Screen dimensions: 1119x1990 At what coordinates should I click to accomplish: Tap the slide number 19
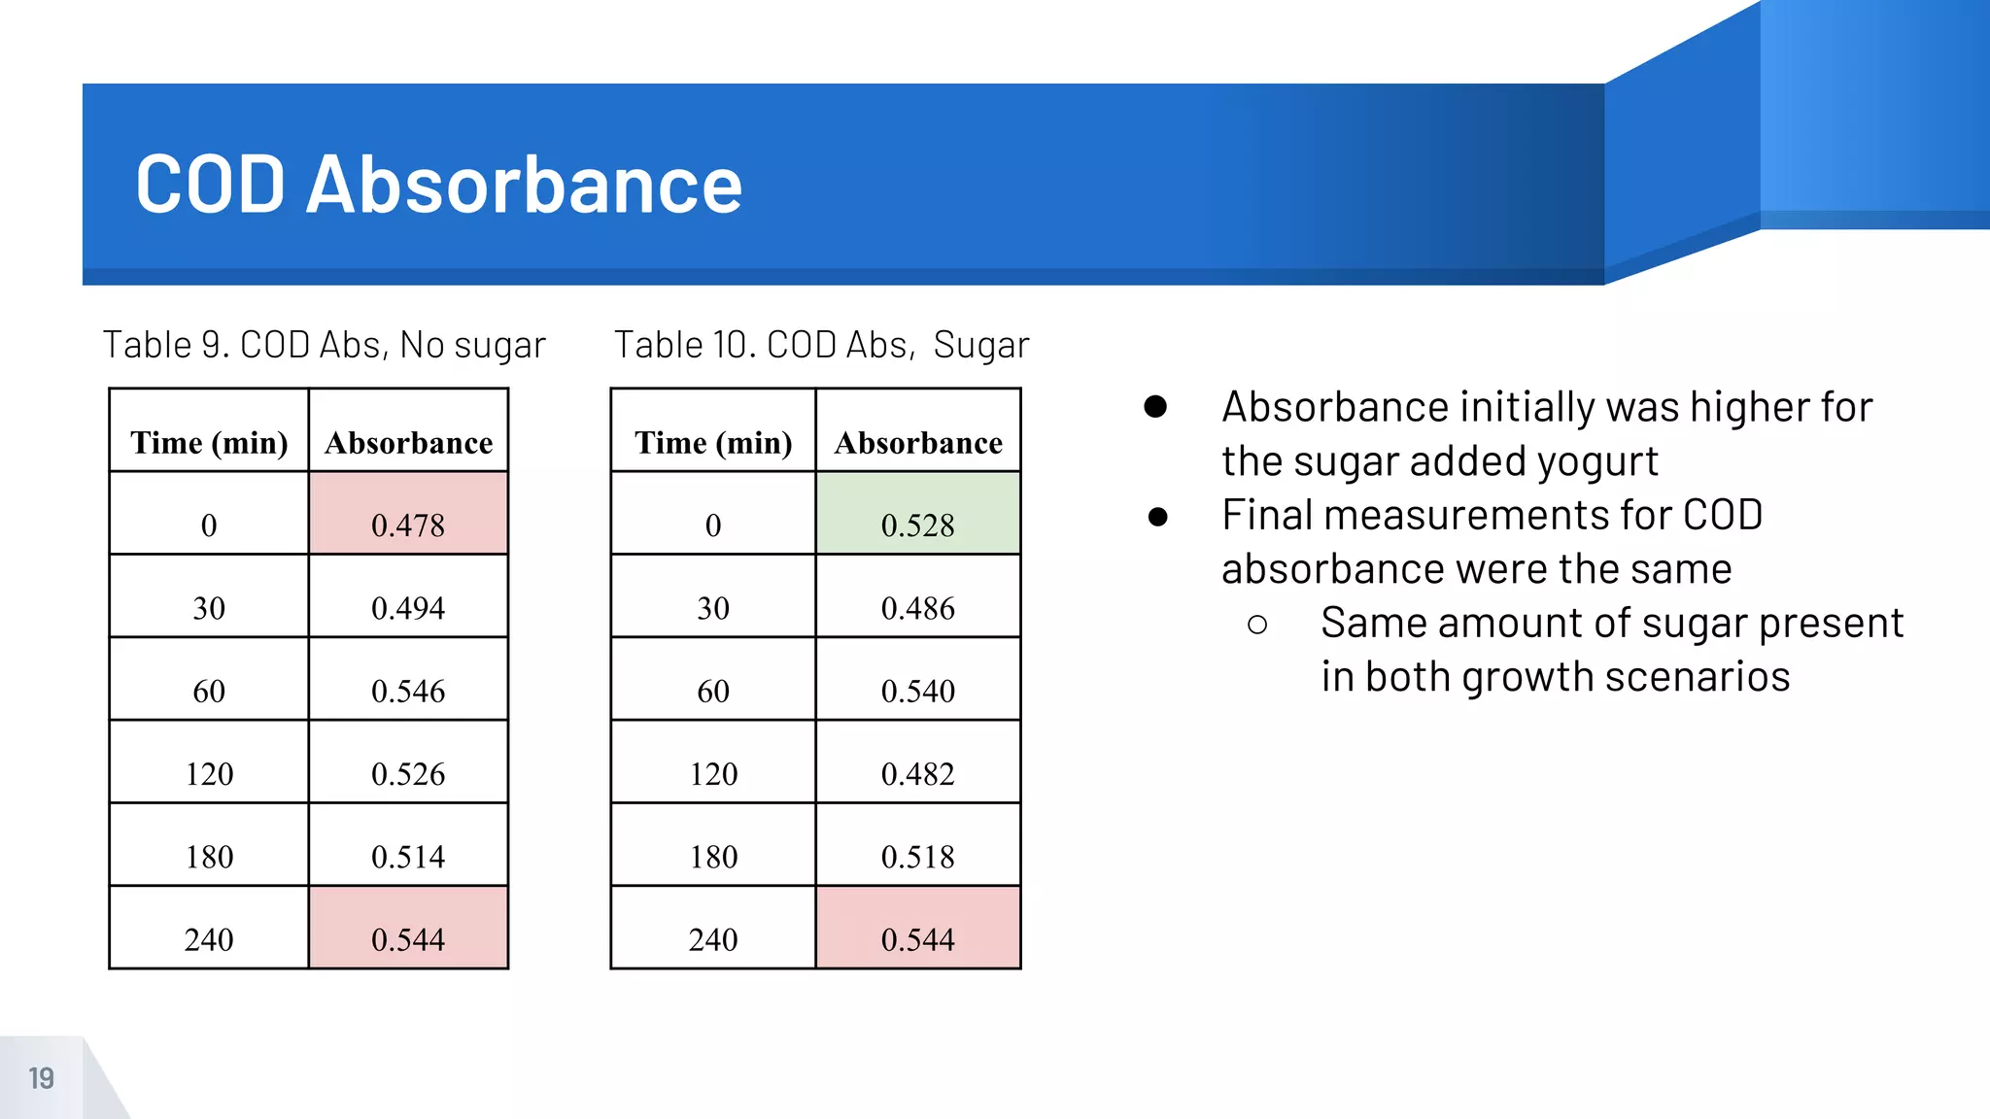[41, 1078]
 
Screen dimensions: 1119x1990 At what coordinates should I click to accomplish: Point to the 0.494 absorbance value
[408, 608]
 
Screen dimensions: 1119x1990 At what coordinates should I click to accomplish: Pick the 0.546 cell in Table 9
[408, 691]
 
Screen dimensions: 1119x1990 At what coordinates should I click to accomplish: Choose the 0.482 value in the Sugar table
[917, 774]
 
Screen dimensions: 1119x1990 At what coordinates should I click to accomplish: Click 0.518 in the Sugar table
[917, 857]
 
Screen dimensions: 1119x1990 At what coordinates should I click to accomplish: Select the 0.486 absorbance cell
[917, 608]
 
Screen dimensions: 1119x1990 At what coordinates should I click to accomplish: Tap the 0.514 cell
[408, 857]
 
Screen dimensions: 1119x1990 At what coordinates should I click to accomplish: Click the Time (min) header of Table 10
[713, 442]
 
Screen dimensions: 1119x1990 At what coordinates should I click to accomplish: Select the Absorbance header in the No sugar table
[408, 442]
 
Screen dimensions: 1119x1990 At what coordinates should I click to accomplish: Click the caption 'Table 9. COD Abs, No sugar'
[325, 345]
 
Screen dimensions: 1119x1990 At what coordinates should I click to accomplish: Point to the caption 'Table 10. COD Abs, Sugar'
[821, 345]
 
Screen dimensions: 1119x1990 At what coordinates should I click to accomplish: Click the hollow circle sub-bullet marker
[1257, 625]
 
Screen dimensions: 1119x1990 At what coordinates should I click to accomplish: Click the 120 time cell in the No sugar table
[209, 774]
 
